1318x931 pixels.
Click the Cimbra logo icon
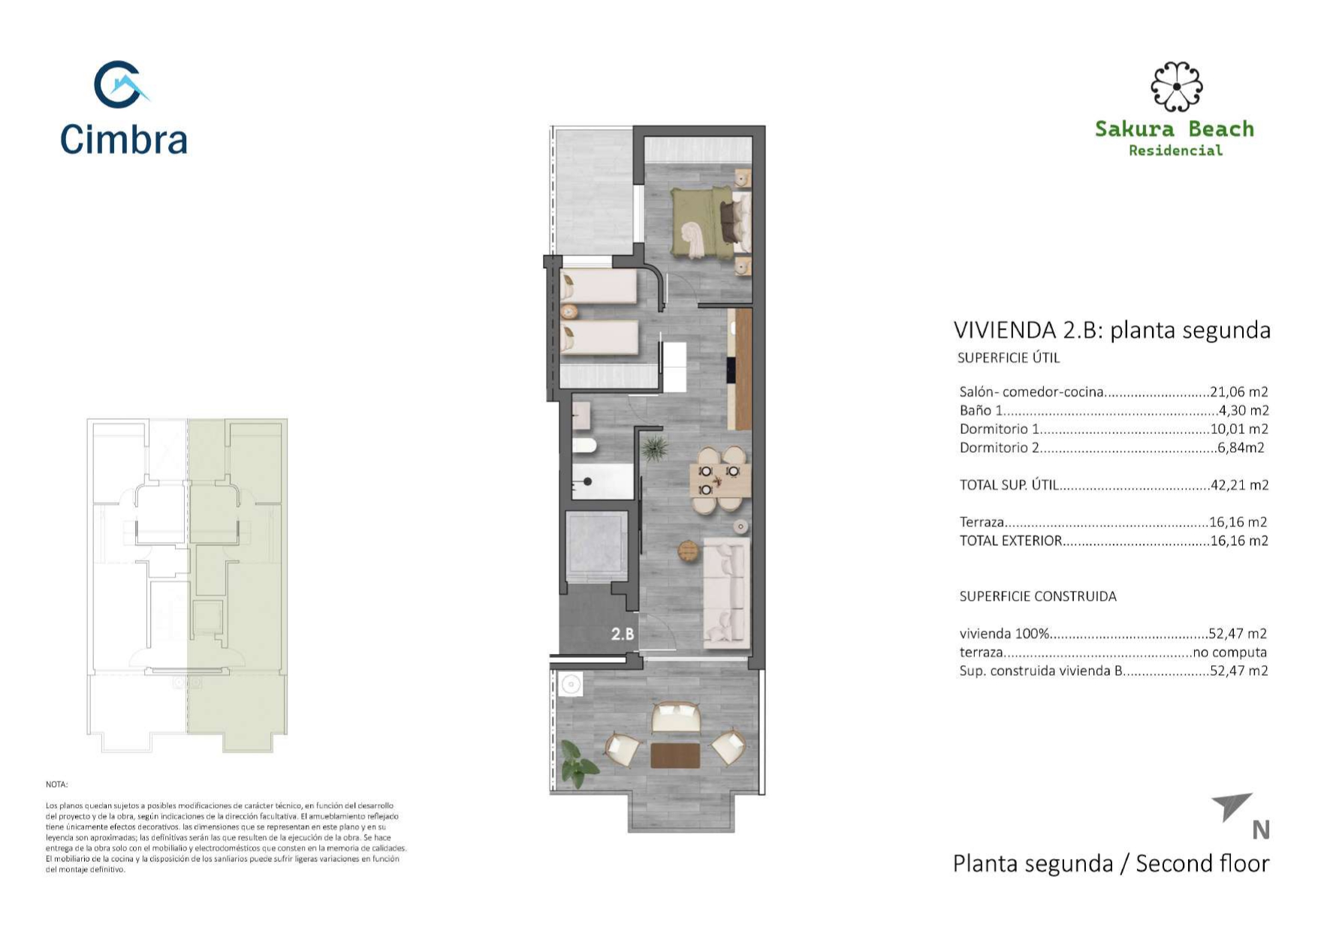point(119,85)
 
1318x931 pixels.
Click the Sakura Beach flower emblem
point(1176,86)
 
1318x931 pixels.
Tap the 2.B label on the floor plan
point(623,634)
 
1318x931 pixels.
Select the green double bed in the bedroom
point(701,222)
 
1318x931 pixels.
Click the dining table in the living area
point(719,481)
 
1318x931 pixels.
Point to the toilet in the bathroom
point(584,447)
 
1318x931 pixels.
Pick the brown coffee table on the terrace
point(675,755)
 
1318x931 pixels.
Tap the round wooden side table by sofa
point(688,550)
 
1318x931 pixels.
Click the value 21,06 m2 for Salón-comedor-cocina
point(1239,391)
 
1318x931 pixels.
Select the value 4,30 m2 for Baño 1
point(1244,410)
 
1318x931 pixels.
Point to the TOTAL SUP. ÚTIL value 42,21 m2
point(1240,484)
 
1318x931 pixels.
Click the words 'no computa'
point(1229,652)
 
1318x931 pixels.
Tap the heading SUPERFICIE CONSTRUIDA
point(1038,596)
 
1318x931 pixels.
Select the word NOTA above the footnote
point(57,785)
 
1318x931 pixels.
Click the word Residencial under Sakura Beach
point(1175,150)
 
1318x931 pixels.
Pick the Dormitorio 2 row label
point(1000,447)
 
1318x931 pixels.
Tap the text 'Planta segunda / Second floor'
point(1111,863)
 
